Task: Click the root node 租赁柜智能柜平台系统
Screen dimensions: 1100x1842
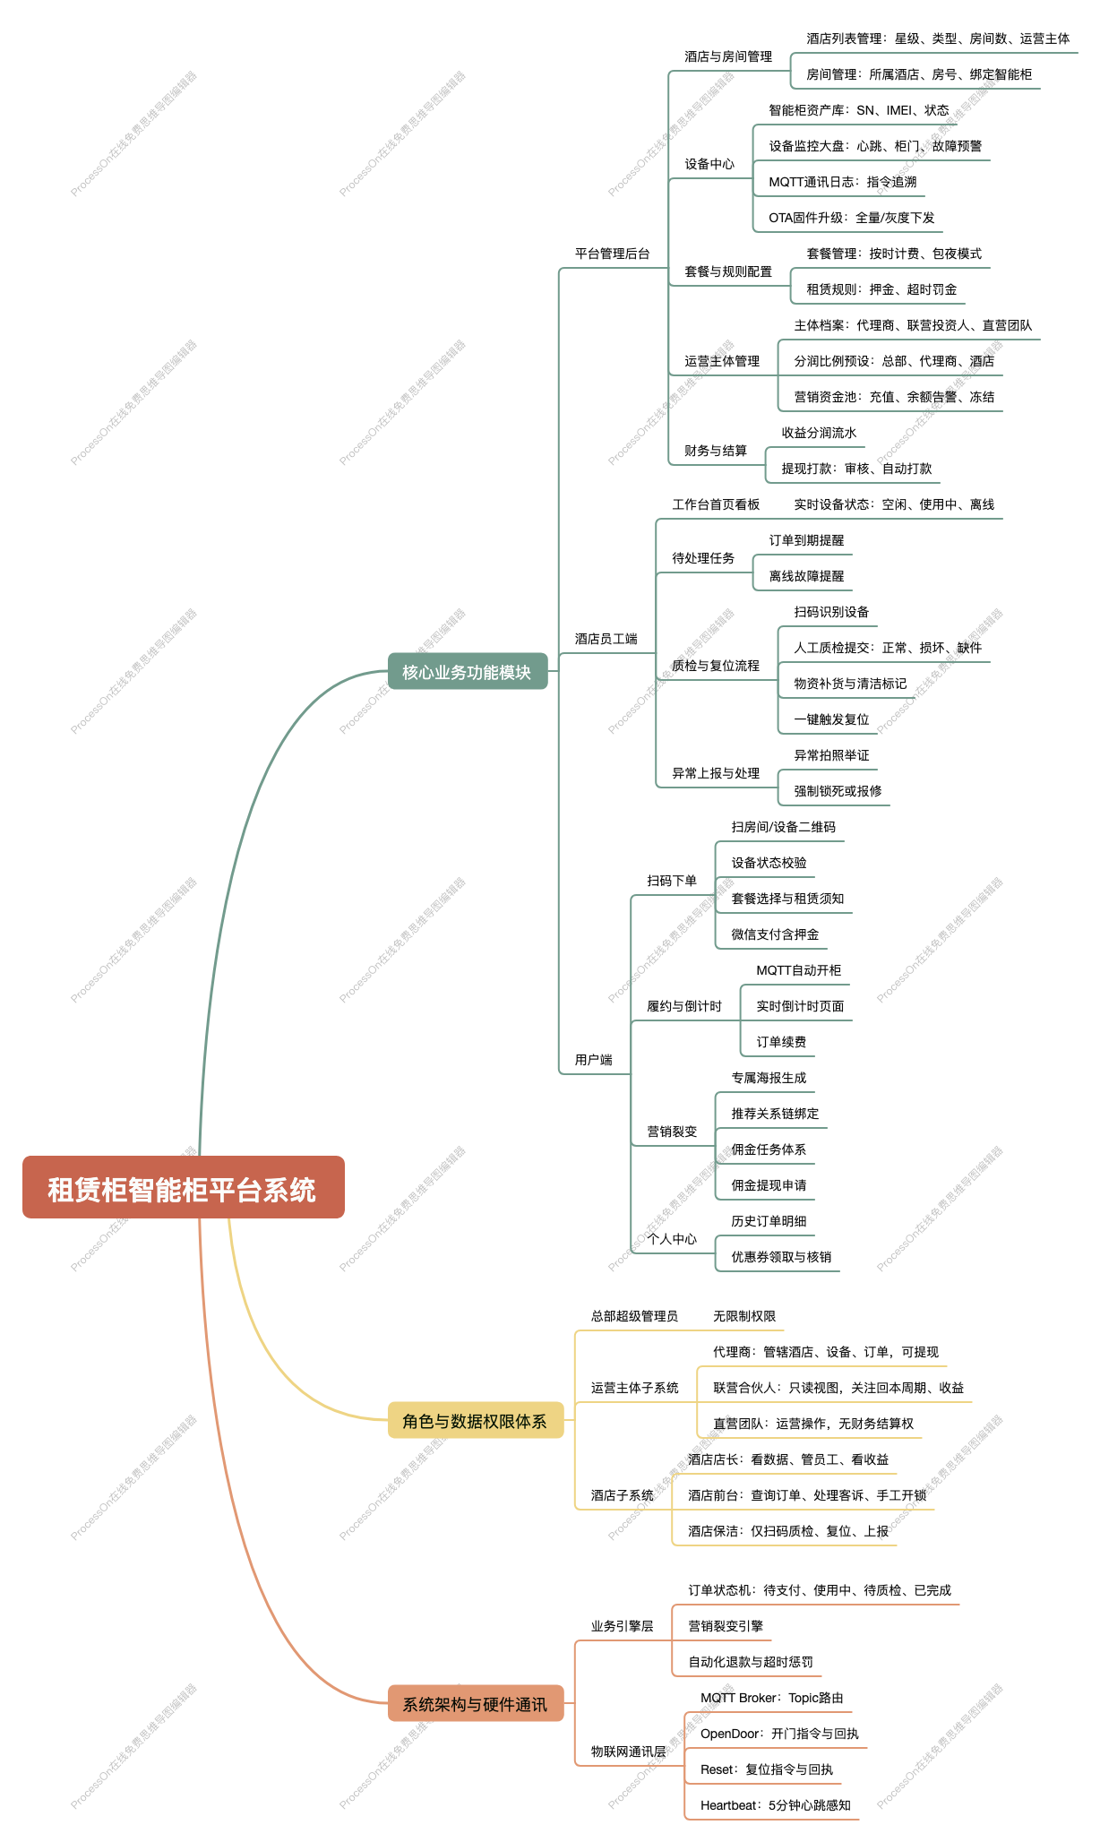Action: pyautogui.click(x=183, y=1187)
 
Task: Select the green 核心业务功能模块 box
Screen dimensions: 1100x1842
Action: pyautogui.click(x=467, y=671)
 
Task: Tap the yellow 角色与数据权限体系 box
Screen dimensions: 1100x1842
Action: pyautogui.click(x=475, y=1420)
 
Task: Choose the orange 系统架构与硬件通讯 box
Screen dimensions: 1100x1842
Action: pyautogui.click(x=475, y=1703)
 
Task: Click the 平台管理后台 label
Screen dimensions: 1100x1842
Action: pyautogui.click(x=613, y=254)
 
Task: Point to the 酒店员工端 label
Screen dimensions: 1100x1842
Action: pyautogui.click(x=606, y=639)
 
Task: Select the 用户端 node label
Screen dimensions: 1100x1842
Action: pyautogui.click(x=594, y=1060)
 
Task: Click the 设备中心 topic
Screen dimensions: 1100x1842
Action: pyautogui.click(x=709, y=164)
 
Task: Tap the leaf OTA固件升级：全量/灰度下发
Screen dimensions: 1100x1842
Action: pyautogui.click(x=852, y=218)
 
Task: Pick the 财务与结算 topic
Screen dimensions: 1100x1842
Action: pyautogui.click(x=716, y=451)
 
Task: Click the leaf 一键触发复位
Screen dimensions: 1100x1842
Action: pyautogui.click(x=831, y=719)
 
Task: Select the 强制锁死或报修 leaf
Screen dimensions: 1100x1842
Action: pyautogui.click(x=838, y=791)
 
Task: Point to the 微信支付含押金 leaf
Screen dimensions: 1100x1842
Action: pyautogui.click(x=775, y=934)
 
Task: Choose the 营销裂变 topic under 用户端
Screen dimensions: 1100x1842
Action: pyautogui.click(x=672, y=1132)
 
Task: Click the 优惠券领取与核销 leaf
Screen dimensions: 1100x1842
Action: pyautogui.click(x=781, y=1257)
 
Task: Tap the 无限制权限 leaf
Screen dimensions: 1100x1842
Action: pyautogui.click(x=744, y=1316)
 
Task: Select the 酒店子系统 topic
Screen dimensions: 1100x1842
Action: pyautogui.click(x=623, y=1495)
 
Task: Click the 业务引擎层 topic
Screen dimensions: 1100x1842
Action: pyautogui.click(x=623, y=1626)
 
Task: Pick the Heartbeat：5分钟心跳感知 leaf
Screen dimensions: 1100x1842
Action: pyautogui.click(x=776, y=1805)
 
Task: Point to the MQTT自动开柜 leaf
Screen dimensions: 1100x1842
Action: pyautogui.click(x=799, y=970)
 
